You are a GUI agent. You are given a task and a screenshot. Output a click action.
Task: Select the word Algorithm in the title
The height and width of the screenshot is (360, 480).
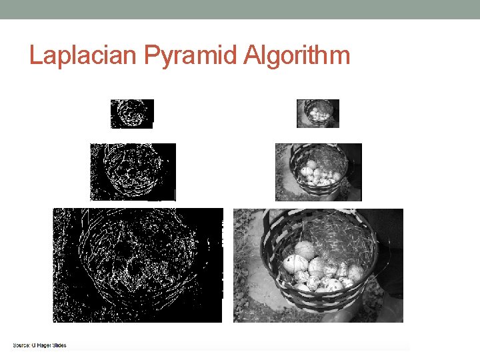tap(296, 55)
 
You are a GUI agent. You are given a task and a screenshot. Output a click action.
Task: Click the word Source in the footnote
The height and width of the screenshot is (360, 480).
tap(24, 345)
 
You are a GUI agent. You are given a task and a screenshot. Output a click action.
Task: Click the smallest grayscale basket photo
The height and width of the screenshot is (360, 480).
tap(317, 113)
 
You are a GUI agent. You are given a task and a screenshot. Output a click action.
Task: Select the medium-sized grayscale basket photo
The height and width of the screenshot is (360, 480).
tap(318, 172)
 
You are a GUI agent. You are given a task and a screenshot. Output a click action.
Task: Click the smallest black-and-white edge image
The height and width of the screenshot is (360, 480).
tap(132, 113)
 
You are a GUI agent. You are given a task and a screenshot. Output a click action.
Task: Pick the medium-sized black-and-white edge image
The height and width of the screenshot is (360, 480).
tap(133, 172)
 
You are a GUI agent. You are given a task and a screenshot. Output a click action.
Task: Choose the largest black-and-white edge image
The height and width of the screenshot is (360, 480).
tap(138, 265)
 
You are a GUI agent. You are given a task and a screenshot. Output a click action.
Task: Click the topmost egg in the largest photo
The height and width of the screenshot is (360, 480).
tap(305, 250)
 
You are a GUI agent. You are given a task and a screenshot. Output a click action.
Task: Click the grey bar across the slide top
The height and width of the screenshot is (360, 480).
tap(240, 9)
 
